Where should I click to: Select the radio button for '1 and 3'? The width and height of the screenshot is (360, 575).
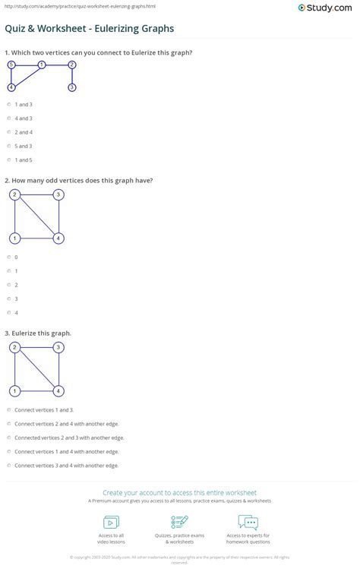click(x=8, y=104)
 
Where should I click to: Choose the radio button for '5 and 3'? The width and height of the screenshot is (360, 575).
click(x=8, y=146)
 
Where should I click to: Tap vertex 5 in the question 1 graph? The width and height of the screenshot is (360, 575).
click(x=11, y=65)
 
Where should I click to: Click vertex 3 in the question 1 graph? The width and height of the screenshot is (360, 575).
click(x=71, y=87)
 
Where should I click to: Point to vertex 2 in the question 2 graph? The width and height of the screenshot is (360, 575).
click(x=14, y=195)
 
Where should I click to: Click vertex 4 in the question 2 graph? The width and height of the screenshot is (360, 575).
click(x=58, y=239)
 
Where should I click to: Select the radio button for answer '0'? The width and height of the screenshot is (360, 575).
click(x=8, y=257)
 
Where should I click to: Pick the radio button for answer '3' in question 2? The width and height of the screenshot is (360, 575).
click(x=8, y=299)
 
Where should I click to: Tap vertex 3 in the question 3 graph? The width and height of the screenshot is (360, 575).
click(x=58, y=348)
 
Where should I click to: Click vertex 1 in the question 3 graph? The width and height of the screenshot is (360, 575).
click(x=14, y=391)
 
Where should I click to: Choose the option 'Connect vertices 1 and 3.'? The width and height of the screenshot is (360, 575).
click(x=8, y=410)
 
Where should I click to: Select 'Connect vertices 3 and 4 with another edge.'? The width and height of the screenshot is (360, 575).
click(x=8, y=465)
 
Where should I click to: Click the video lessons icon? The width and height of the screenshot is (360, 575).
click(x=111, y=522)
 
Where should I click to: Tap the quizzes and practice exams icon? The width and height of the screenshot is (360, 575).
click(x=180, y=522)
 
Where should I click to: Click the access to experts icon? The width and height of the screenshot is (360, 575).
click(x=248, y=522)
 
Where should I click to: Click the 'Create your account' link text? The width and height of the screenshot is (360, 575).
click(x=179, y=493)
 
